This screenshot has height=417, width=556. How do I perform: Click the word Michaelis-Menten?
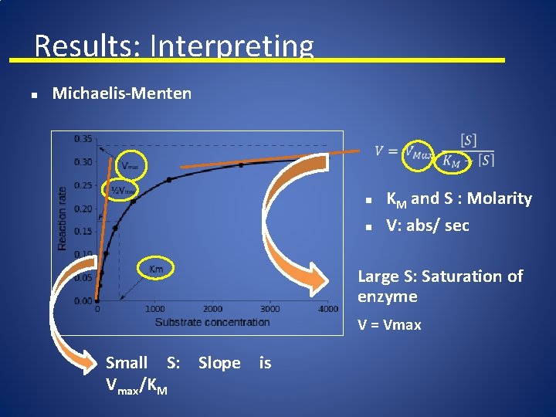tap(121, 94)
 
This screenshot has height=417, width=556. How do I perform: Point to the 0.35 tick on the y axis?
tap(83, 139)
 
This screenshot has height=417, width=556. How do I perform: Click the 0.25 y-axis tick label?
tap(83, 185)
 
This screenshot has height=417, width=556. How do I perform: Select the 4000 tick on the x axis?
tap(327, 310)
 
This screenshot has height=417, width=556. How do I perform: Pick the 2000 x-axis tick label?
tap(212, 310)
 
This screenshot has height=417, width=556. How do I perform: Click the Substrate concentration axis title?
tap(212, 321)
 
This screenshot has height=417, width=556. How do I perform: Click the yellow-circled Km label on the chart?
tap(156, 268)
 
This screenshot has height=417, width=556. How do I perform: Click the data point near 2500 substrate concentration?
tap(241, 164)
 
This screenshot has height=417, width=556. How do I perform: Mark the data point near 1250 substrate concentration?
tap(169, 179)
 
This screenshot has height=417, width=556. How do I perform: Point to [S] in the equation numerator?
tap(468, 141)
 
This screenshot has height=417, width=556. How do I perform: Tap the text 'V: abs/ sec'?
tap(427, 226)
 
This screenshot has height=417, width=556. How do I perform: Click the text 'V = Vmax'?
tap(389, 325)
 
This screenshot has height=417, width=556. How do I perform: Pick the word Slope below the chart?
tap(219, 363)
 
